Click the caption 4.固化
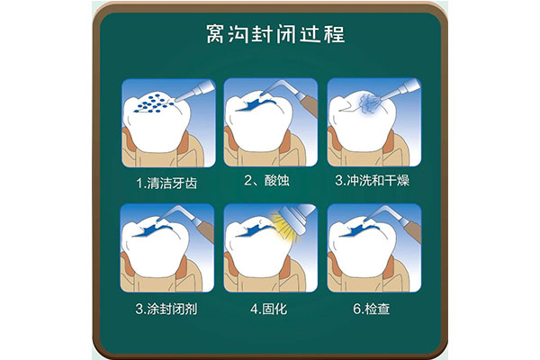(x=268, y=310)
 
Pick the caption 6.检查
(x=369, y=310)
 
